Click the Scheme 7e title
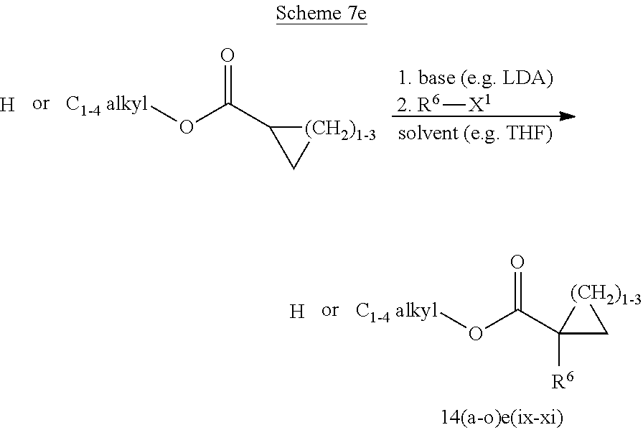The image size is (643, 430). click(321, 15)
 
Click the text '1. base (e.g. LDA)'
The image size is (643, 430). click(474, 78)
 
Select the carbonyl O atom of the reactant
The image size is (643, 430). click(227, 56)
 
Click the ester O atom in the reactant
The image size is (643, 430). click(187, 128)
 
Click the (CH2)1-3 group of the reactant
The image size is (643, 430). click(339, 131)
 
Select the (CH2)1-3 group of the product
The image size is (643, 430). click(605, 296)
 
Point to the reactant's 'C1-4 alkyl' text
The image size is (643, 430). click(107, 105)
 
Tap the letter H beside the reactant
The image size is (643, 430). click(8, 106)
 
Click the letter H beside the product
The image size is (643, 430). click(297, 312)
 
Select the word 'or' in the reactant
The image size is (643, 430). click(41, 104)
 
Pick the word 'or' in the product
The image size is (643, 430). click(330, 312)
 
